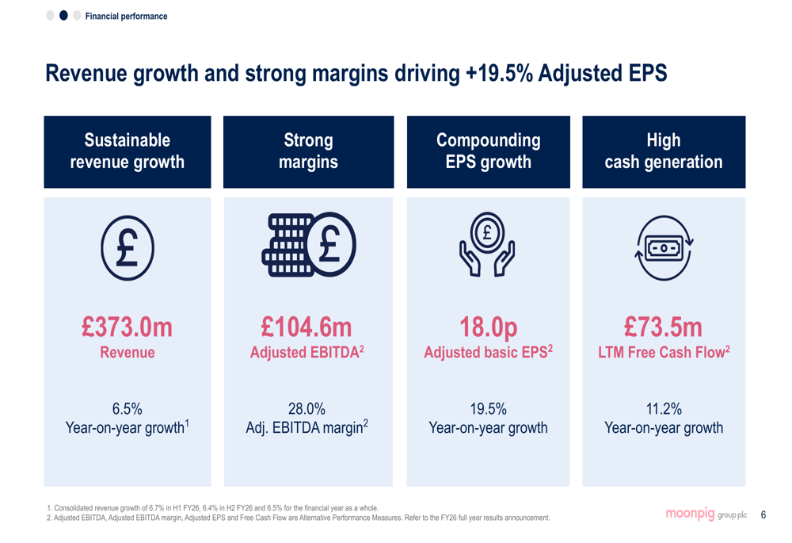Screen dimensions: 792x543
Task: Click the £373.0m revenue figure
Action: [x=127, y=327]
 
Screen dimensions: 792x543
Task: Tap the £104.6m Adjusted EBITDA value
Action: [x=306, y=327]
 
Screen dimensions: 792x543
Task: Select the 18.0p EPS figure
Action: [x=489, y=328]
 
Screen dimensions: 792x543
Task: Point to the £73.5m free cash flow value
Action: [x=663, y=327]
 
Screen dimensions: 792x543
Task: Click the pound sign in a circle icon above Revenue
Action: [x=128, y=248]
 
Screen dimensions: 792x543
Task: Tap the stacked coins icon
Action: [x=309, y=245]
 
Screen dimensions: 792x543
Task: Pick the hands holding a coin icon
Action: [x=487, y=245]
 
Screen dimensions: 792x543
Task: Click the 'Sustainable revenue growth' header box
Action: [x=128, y=151]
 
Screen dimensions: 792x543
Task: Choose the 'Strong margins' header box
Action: [x=309, y=151]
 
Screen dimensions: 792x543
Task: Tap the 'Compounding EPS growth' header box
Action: [x=489, y=151]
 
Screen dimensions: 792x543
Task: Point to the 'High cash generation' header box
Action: [x=664, y=151]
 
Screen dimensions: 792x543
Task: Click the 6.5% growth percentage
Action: [x=128, y=408]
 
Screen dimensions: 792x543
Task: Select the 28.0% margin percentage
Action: [x=307, y=408]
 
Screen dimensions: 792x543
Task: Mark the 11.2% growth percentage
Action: [x=664, y=408]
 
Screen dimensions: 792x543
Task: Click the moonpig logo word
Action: [x=690, y=514]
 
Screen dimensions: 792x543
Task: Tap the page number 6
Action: [x=763, y=514]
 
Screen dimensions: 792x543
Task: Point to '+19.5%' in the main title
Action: [x=499, y=73]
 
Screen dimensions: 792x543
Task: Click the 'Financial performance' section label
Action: [x=126, y=16]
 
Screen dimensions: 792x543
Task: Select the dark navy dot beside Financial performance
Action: [x=63, y=16]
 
